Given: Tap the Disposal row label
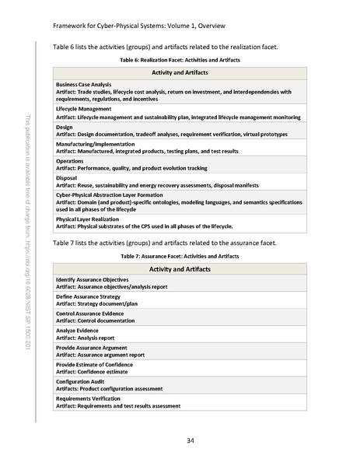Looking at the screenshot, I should click(67, 177).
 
